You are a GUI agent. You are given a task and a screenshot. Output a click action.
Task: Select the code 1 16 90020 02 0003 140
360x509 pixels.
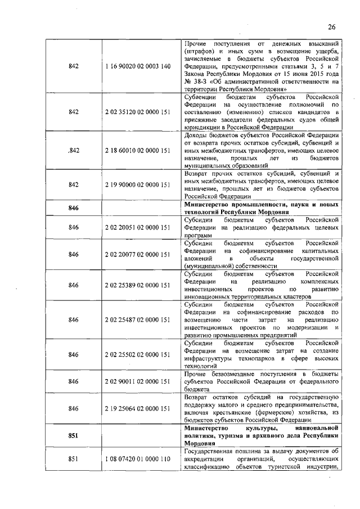click(x=137, y=66)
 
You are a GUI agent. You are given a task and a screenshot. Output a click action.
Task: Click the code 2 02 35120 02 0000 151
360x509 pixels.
click(x=137, y=112)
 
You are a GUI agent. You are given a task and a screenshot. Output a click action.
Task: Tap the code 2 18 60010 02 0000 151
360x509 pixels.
click(x=137, y=151)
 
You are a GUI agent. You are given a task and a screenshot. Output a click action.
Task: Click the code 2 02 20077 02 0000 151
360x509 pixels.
click(x=137, y=254)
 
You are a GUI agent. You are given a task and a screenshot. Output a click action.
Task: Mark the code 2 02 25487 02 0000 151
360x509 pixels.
click(x=137, y=319)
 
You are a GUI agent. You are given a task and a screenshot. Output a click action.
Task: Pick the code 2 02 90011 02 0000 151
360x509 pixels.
click(x=137, y=381)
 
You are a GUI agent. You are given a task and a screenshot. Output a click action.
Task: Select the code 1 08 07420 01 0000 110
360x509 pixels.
click(x=137, y=459)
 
